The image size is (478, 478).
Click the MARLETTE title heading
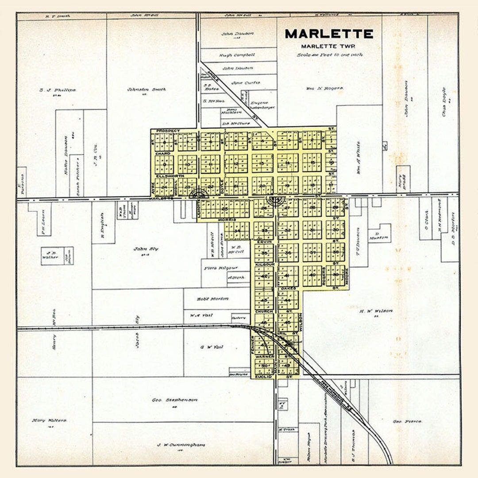pos(329,34)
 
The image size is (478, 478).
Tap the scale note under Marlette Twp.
pos(330,55)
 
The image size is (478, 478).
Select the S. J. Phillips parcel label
pos(58,90)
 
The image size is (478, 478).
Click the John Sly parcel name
pos(146,249)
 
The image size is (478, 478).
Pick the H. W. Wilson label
pos(376,311)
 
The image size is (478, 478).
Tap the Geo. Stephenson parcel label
pos(169,400)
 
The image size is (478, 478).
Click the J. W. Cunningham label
pos(175,445)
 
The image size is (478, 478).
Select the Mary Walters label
pos(49,420)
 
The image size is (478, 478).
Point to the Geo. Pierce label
pos(407,421)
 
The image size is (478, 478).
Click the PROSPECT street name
pos(168,131)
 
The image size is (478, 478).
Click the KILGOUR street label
pos(265,264)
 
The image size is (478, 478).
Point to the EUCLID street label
pos(262,376)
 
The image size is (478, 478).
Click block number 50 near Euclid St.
pos(264,366)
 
